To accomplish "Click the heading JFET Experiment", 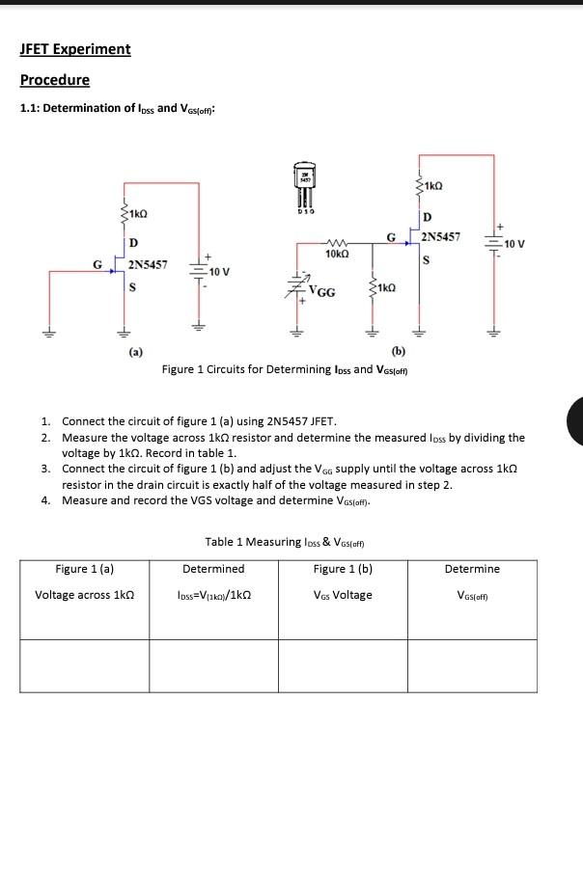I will [x=75, y=49].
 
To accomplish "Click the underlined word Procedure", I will [x=55, y=80].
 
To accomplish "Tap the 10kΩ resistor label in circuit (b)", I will [x=337, y=253].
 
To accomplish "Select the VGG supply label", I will [x=322, y=292].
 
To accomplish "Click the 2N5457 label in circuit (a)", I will [x=148, y=263].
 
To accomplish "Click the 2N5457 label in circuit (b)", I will [x=441, y=236].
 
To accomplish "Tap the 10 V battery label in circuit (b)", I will [x=514, y=243].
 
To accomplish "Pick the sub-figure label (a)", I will [x=136, y=353].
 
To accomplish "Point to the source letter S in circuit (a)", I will [x=132, y=286].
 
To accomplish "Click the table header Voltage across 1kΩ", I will [x=84, y=595].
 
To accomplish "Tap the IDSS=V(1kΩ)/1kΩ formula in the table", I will [x=213, y=595].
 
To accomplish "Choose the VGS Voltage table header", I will [x=343, y=595].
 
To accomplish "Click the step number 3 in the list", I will [x=45, y=468].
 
